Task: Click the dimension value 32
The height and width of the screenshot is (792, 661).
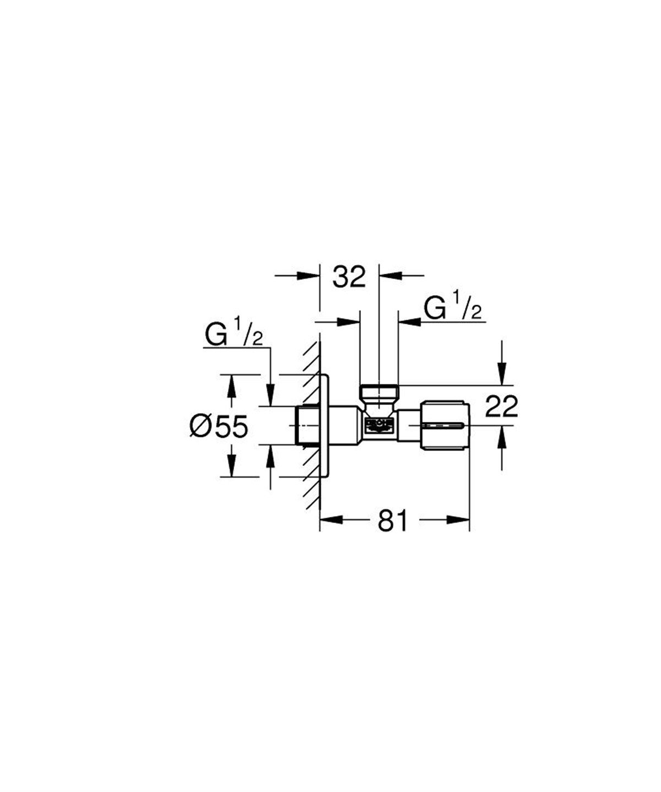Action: click(x=349, y=277)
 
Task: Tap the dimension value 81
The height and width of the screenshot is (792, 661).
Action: click(x=393, y=520)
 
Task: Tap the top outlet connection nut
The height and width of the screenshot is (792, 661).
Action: click(x=378, y=393)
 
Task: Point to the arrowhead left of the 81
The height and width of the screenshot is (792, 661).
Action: click(x=332, y=519)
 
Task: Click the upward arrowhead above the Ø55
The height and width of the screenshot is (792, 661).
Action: click(x=232, y=385)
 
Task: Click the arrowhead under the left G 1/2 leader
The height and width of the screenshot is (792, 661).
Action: click(x=270, y=397)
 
